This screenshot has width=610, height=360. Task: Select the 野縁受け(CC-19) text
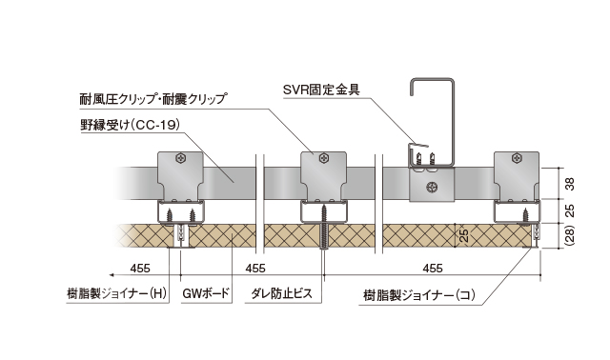pyautogui.click(x=131, y=125)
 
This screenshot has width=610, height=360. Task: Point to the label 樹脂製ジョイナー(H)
pyautogui.click(x=119, y=294)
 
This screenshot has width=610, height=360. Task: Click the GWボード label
pyautogui.click(x=206, y=294)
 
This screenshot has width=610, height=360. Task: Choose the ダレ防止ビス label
pyautogui.click(x=282, y=294)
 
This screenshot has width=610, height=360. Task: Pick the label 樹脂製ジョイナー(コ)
pyautogui.click(x=419, y=294)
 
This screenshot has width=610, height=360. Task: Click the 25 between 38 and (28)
pyautogui.click(x=568, y=210)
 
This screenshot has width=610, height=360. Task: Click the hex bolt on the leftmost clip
pyautogui.click(x=190, y=159)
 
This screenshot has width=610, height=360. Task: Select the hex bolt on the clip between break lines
pyautogui.click(x=326, y=159)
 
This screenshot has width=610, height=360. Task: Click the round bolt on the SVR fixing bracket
pyautogui.click(x=432, y=187)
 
